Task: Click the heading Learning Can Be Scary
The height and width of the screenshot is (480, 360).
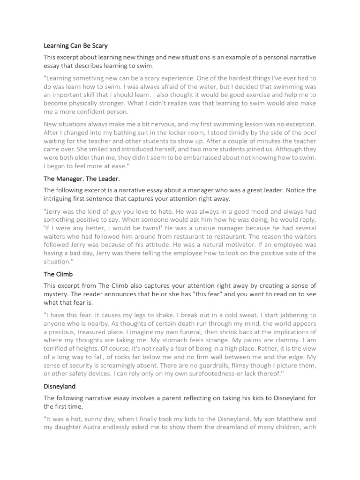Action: click(x=75, y=46)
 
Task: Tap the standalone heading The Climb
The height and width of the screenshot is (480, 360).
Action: click(x=58, y=274)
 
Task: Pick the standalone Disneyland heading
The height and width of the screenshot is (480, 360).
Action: click(x=60, y=387)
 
